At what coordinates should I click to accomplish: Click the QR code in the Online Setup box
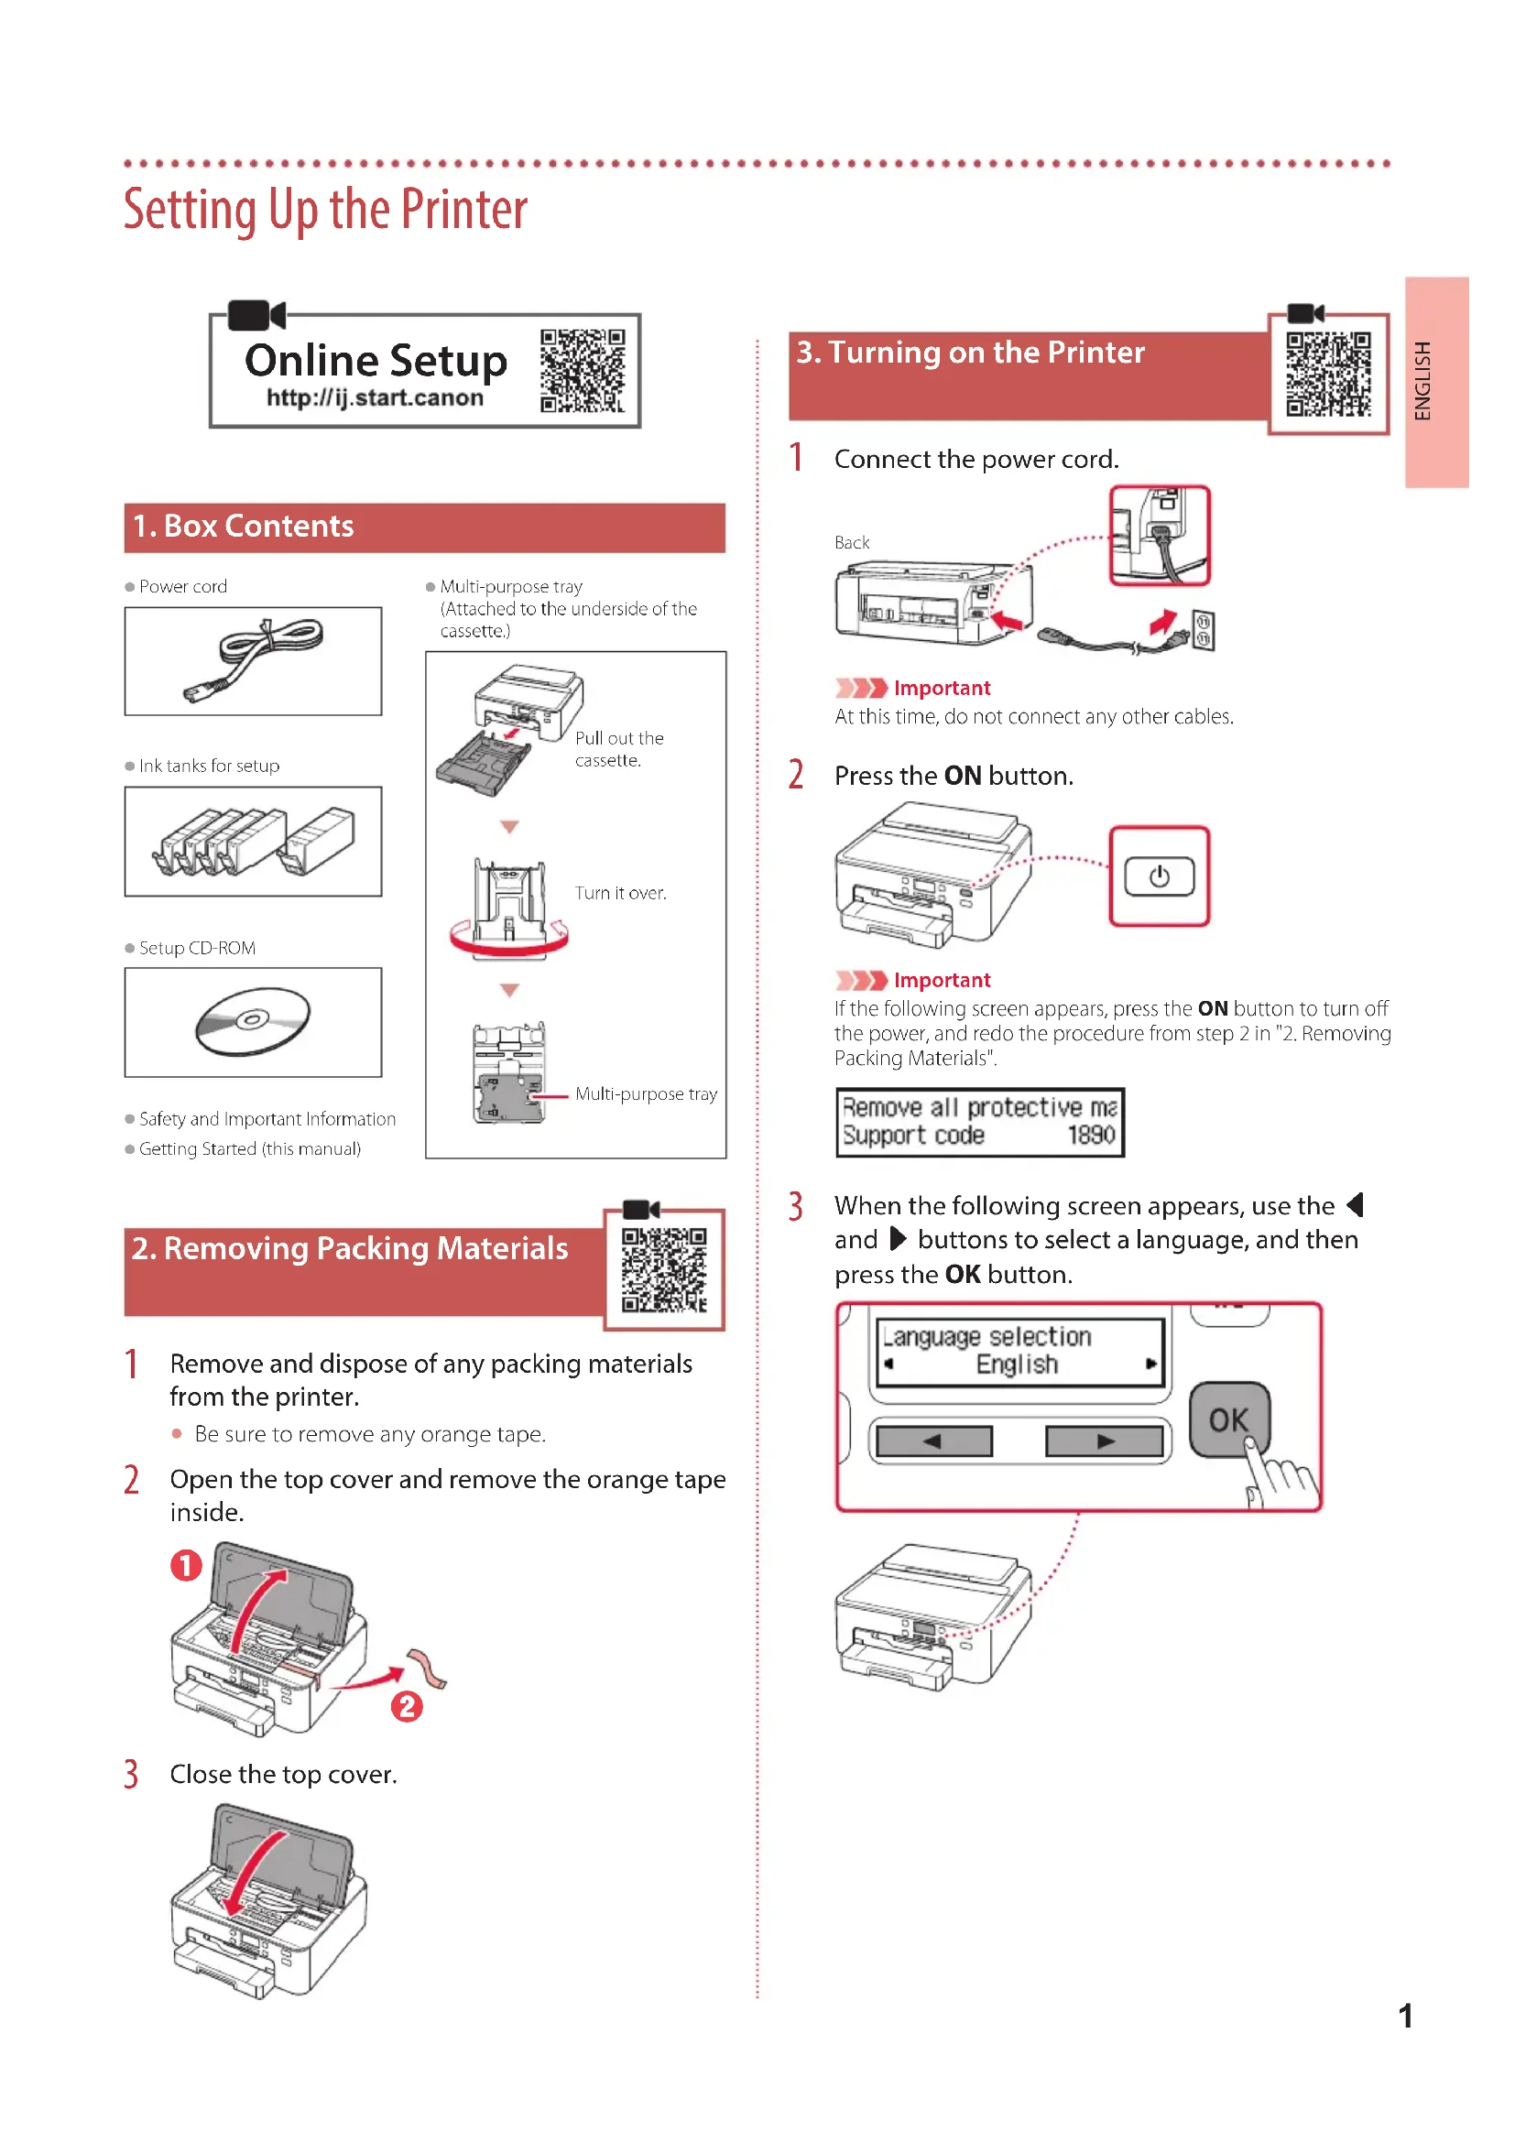pos(583,370)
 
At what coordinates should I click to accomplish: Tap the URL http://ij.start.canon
pos(375,398)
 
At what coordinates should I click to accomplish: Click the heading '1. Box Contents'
pos(244,527)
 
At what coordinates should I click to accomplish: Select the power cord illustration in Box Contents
pos(254,660)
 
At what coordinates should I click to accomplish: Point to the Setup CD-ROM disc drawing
pos(253,1022)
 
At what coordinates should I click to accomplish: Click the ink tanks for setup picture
pos(254,842)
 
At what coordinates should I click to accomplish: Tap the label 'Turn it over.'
pos(620,893)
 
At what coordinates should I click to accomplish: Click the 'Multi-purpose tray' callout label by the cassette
pos(646,1093)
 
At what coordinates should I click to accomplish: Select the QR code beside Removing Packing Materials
pos(664,1269)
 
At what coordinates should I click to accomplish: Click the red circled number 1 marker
pos(186,1564)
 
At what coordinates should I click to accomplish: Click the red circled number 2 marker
pos(407,1706)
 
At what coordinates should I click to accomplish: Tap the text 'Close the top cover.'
pos(284,1774)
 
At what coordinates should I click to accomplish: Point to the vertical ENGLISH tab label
pos(1422,381)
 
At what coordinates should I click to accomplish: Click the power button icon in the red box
pos(1159,876)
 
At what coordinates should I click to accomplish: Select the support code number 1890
pos(1091,1136)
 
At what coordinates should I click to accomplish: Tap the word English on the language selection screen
pos(1017,1364)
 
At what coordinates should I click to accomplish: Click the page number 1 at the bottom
pos(1405,2016)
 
